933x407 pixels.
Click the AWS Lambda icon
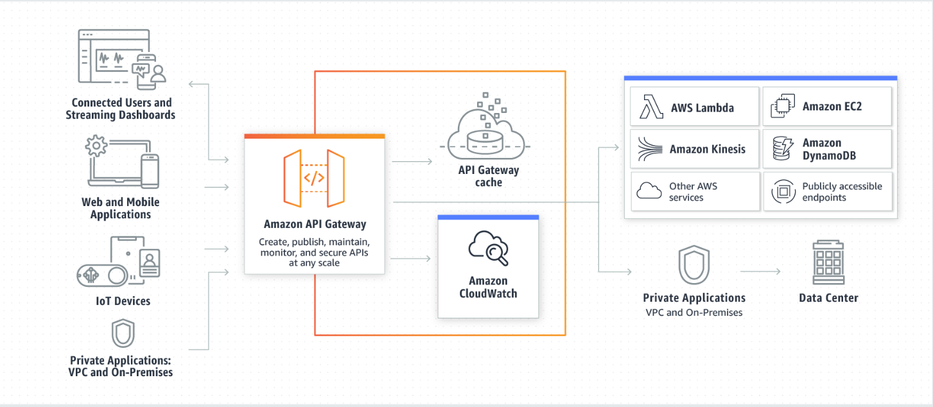(651, 107)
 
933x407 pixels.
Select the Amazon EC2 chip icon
(783, 107)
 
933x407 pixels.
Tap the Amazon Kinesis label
(707, 149)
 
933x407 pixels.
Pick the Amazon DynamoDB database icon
(783, 149)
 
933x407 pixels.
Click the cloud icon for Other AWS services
(649, 191)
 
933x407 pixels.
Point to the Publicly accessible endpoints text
(842, 191)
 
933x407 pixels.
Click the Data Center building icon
(828, 263)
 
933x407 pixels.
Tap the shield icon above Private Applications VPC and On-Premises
(693, 264)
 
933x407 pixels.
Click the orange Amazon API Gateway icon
(314, 178)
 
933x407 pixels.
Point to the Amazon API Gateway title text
(315, 224)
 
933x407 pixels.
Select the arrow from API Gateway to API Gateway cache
(412, 162)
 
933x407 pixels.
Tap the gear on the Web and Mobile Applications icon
(96, 146)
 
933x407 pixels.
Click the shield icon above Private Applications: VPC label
(123, 333)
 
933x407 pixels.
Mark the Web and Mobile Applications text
(121, 208)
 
